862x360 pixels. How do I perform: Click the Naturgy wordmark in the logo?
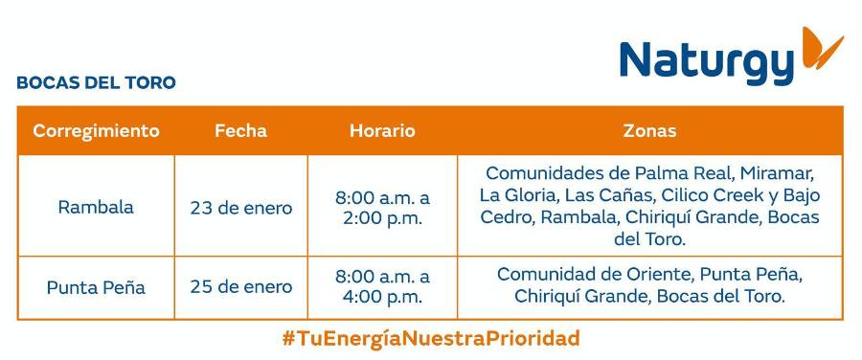[707, 61]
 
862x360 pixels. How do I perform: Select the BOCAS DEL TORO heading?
[96, 83]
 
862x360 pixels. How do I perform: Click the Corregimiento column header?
[96, 131]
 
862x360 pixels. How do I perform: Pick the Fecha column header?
[240, 131]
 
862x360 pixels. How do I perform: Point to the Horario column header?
[382, 131]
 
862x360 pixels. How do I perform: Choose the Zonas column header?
[649, 131]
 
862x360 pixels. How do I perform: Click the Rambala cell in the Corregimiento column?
[96, 207]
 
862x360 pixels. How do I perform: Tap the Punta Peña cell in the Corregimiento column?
[96, 286]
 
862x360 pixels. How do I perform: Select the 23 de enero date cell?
[240, 207]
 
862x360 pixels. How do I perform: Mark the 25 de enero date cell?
[240, 286]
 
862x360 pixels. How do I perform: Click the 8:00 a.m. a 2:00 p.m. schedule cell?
[382, 207]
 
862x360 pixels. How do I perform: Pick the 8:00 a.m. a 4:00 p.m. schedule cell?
[382, 286]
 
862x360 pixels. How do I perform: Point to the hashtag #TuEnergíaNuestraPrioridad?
[431, 338]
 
